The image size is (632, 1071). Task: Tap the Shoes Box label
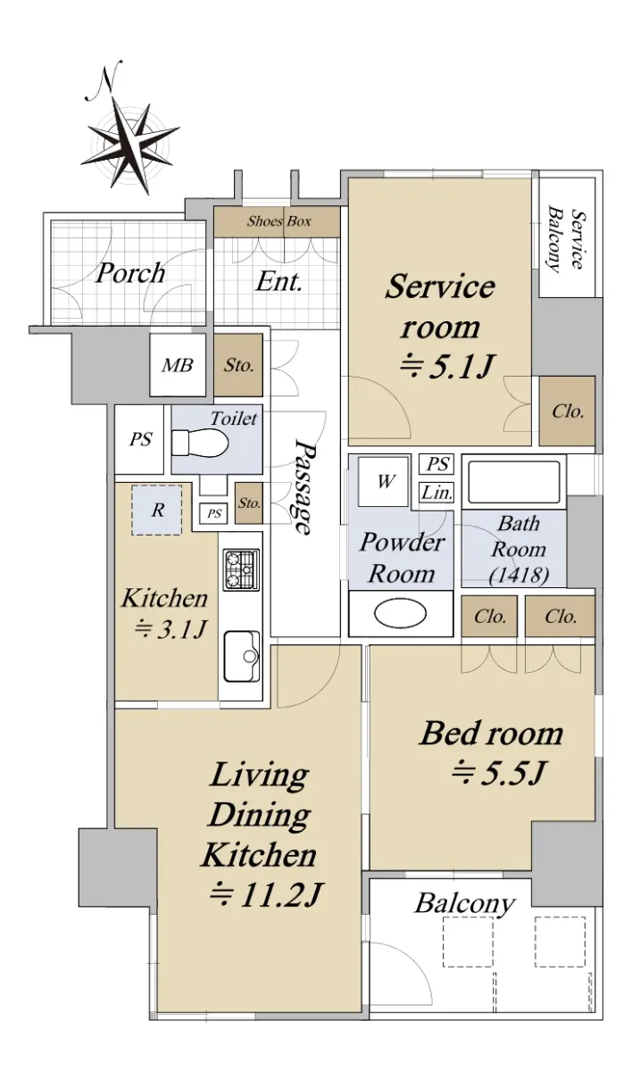[x=279, y=221]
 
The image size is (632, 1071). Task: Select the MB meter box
[x=178, y=365]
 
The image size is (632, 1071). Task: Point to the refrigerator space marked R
[x=157, y=510]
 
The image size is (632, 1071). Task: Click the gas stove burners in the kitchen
[x=241, y=569]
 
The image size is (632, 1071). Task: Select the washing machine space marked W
[x=385, y=481]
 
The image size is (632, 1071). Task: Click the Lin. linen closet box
[x=437, y=493]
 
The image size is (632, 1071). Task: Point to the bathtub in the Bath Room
[x=514, y=482]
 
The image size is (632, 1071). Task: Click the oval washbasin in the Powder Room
[x=400, y=614]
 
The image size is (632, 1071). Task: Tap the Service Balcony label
[x=566, y=239]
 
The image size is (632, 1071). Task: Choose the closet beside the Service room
[x=567, y=411]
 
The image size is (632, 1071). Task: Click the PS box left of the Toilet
[x=140, y=439]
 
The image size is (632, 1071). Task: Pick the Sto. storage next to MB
[x=238, y=365]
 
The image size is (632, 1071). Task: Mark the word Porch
[x=130, y=273]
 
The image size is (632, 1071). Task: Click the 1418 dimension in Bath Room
[x=519, y=575]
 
